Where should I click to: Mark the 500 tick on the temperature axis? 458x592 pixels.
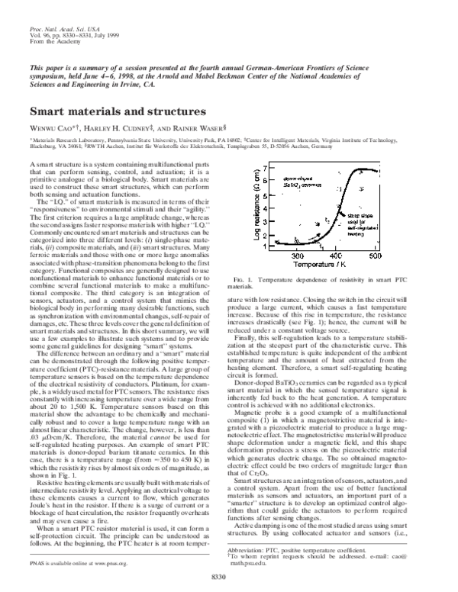click(x=376, y=235)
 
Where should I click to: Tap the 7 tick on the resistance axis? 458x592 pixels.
click(x=264, y=166)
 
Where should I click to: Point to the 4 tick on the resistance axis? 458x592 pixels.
click(x=264, y=195)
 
